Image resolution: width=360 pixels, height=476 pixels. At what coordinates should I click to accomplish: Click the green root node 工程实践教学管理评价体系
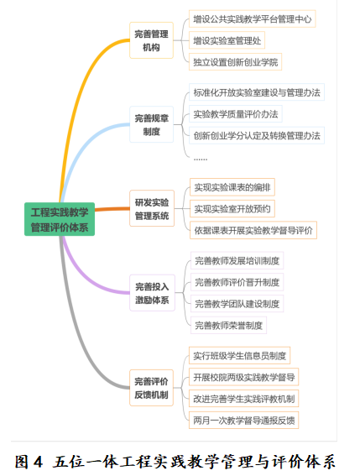60,219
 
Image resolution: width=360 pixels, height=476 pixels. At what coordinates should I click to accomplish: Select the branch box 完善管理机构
151,40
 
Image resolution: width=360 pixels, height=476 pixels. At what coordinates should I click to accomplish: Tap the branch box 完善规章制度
151,124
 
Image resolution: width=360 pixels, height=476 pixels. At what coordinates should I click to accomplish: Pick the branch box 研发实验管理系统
152,208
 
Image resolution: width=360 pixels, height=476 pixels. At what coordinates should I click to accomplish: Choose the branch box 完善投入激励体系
152,293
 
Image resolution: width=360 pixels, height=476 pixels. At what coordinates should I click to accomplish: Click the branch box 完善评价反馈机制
151,388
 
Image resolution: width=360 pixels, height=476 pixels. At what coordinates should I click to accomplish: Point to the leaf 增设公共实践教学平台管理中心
253,18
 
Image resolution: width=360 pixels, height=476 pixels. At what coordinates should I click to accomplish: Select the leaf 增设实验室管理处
227,40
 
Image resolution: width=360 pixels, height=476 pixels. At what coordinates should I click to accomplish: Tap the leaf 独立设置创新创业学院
235,62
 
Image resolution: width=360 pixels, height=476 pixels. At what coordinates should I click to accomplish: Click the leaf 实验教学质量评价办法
236,114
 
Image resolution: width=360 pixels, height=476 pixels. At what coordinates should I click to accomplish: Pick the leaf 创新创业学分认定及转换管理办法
257,135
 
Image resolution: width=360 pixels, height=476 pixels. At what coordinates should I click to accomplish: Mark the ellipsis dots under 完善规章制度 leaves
201,159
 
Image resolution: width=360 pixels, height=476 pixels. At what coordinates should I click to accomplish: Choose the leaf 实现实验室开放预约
232,208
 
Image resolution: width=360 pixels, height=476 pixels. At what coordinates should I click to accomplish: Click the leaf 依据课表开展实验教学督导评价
253,230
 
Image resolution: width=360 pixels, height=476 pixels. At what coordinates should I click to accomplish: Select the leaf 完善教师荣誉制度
228,326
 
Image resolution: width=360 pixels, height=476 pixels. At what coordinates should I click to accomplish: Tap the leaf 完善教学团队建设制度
237,304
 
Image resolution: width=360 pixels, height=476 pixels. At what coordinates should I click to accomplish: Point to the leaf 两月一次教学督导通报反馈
243,420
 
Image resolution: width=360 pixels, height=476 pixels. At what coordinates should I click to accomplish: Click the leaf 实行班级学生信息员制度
239,355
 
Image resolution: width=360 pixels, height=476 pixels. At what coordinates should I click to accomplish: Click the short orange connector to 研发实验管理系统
112,209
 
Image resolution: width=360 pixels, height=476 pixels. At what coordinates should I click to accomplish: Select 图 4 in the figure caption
29,462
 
